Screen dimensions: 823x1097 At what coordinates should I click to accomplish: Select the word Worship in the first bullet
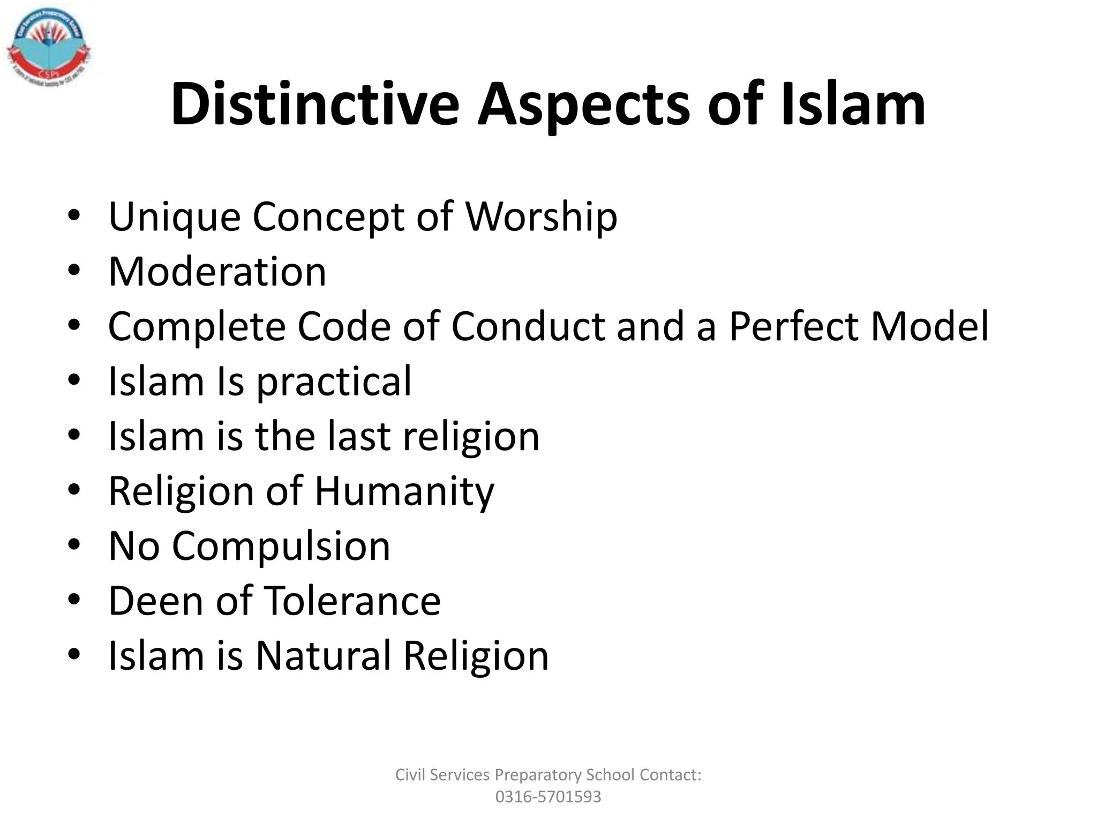541,218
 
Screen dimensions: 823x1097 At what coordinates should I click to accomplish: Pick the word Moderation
217,272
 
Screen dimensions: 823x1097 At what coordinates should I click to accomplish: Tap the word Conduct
528,326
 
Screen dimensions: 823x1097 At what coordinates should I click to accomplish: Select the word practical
334,382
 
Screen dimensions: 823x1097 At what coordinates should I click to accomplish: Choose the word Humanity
404,492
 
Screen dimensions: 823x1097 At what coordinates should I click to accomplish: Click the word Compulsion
281,547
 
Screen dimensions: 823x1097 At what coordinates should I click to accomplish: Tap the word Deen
155,601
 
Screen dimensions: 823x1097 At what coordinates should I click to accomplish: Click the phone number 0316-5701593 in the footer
548,797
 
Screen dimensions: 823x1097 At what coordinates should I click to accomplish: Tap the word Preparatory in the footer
538,775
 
